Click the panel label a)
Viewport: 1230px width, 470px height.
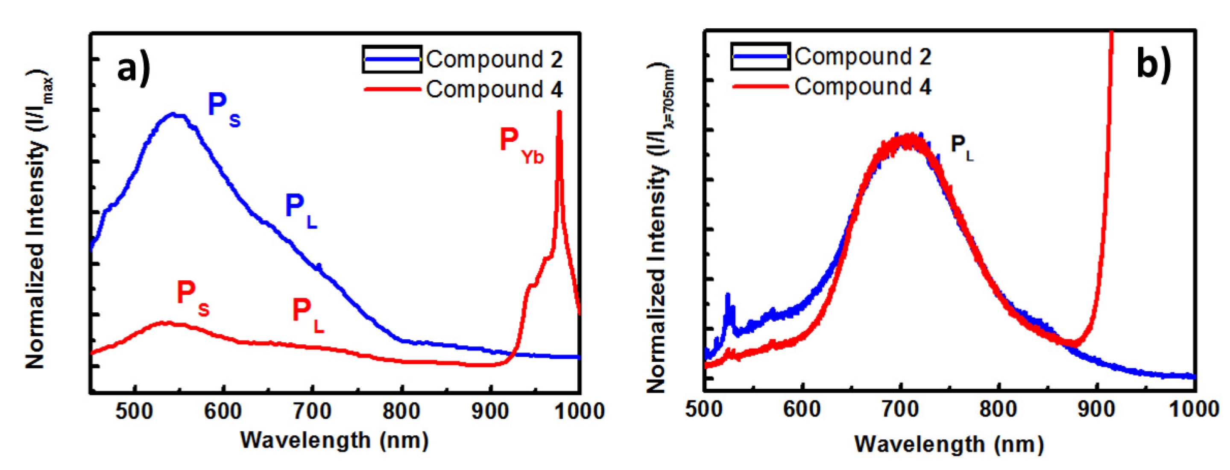pos(134,68)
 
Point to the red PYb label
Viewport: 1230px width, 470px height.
pos(521,145)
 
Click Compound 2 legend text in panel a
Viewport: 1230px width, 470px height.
pos(494,60)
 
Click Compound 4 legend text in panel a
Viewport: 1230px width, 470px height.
pos(494,89)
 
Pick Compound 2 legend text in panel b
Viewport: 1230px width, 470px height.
pos(862,57)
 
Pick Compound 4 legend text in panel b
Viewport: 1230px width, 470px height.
pos(862,87)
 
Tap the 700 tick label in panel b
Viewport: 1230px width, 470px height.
pos(900,409)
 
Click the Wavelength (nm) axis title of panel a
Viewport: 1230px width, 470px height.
pos(334,440)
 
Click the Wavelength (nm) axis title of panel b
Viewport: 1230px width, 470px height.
pos(949,444)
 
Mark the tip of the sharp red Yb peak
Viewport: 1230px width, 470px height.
pos(559,113)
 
